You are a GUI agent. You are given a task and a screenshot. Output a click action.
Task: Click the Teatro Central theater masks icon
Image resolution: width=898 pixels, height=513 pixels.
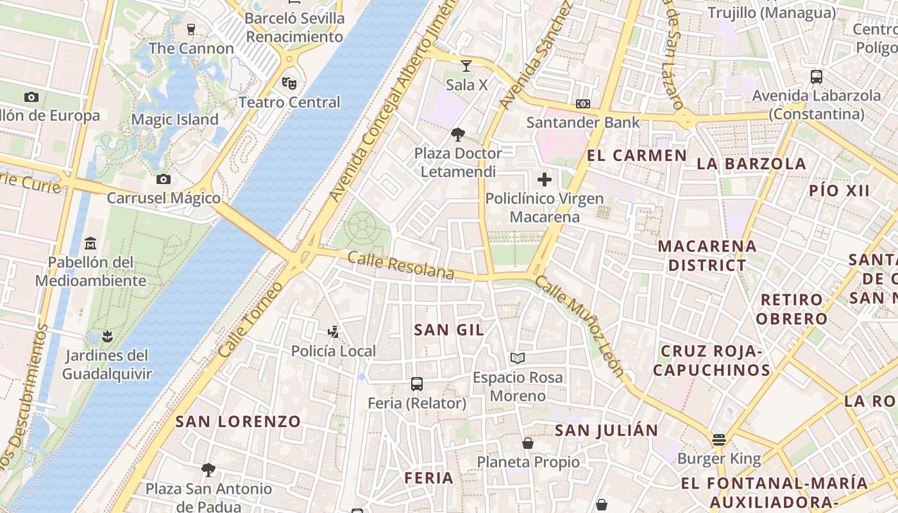(x=289, y=83)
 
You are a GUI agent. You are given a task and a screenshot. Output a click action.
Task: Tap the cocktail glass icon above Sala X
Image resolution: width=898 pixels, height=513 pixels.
(x=466, y=66)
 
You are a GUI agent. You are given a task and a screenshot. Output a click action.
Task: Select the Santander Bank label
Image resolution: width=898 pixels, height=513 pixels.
(x=583, y=122)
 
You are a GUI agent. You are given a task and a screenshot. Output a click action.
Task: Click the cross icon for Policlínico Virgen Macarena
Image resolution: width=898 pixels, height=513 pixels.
(x=545, y=179)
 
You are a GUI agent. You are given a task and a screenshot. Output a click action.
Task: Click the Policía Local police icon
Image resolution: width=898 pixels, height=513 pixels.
(x=333, y=332)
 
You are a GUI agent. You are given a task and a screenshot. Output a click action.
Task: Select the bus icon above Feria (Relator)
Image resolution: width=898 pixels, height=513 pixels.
(x=417, y=384)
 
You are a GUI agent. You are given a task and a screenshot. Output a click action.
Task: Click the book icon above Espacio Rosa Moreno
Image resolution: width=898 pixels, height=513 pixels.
(x=518, y=358)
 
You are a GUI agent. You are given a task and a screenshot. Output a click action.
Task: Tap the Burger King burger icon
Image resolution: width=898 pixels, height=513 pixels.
(x=718, y=440)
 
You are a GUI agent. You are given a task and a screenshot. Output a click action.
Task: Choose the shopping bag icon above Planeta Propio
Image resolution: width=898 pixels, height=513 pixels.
(x=528, y=442)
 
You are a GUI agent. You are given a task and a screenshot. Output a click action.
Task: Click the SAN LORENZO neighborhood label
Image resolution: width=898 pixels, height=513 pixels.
(x=238, y=421)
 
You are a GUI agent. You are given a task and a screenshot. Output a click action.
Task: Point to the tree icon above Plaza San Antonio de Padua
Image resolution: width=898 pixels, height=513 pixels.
(x=208, y=469)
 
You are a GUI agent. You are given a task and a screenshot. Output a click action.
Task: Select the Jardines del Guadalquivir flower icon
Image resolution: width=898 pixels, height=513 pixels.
(x=106, y=336)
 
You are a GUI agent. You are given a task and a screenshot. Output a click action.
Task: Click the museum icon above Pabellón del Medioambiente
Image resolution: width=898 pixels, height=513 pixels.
(x=90, y=244)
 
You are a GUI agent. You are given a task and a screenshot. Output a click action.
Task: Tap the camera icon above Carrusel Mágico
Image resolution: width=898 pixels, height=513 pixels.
(x=164, y=179)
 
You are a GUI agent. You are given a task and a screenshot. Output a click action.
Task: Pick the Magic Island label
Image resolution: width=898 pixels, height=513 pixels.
(x=174, y=119)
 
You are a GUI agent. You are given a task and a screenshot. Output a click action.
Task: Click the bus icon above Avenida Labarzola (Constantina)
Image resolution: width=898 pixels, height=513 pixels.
(x=817, y=77)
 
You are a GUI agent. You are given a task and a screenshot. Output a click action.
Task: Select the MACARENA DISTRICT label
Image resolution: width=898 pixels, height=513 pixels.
(x=707, y=255)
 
